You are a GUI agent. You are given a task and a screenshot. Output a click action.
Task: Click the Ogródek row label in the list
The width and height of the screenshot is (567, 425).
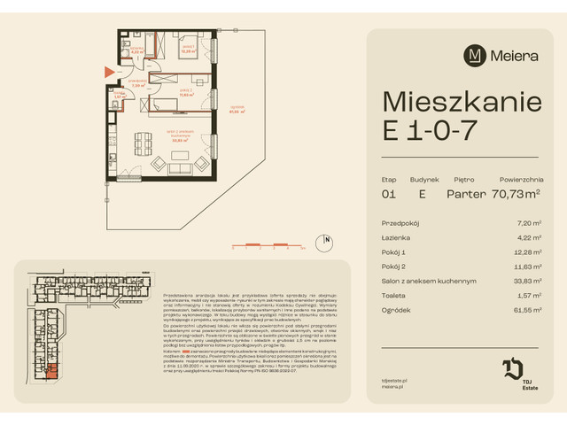click(x=394, y=311)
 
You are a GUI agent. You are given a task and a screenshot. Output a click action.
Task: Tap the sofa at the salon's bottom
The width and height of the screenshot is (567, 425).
click(x=166, y=166)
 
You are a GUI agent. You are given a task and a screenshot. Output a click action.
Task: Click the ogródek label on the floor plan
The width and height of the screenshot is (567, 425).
click(x=235, y=111)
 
